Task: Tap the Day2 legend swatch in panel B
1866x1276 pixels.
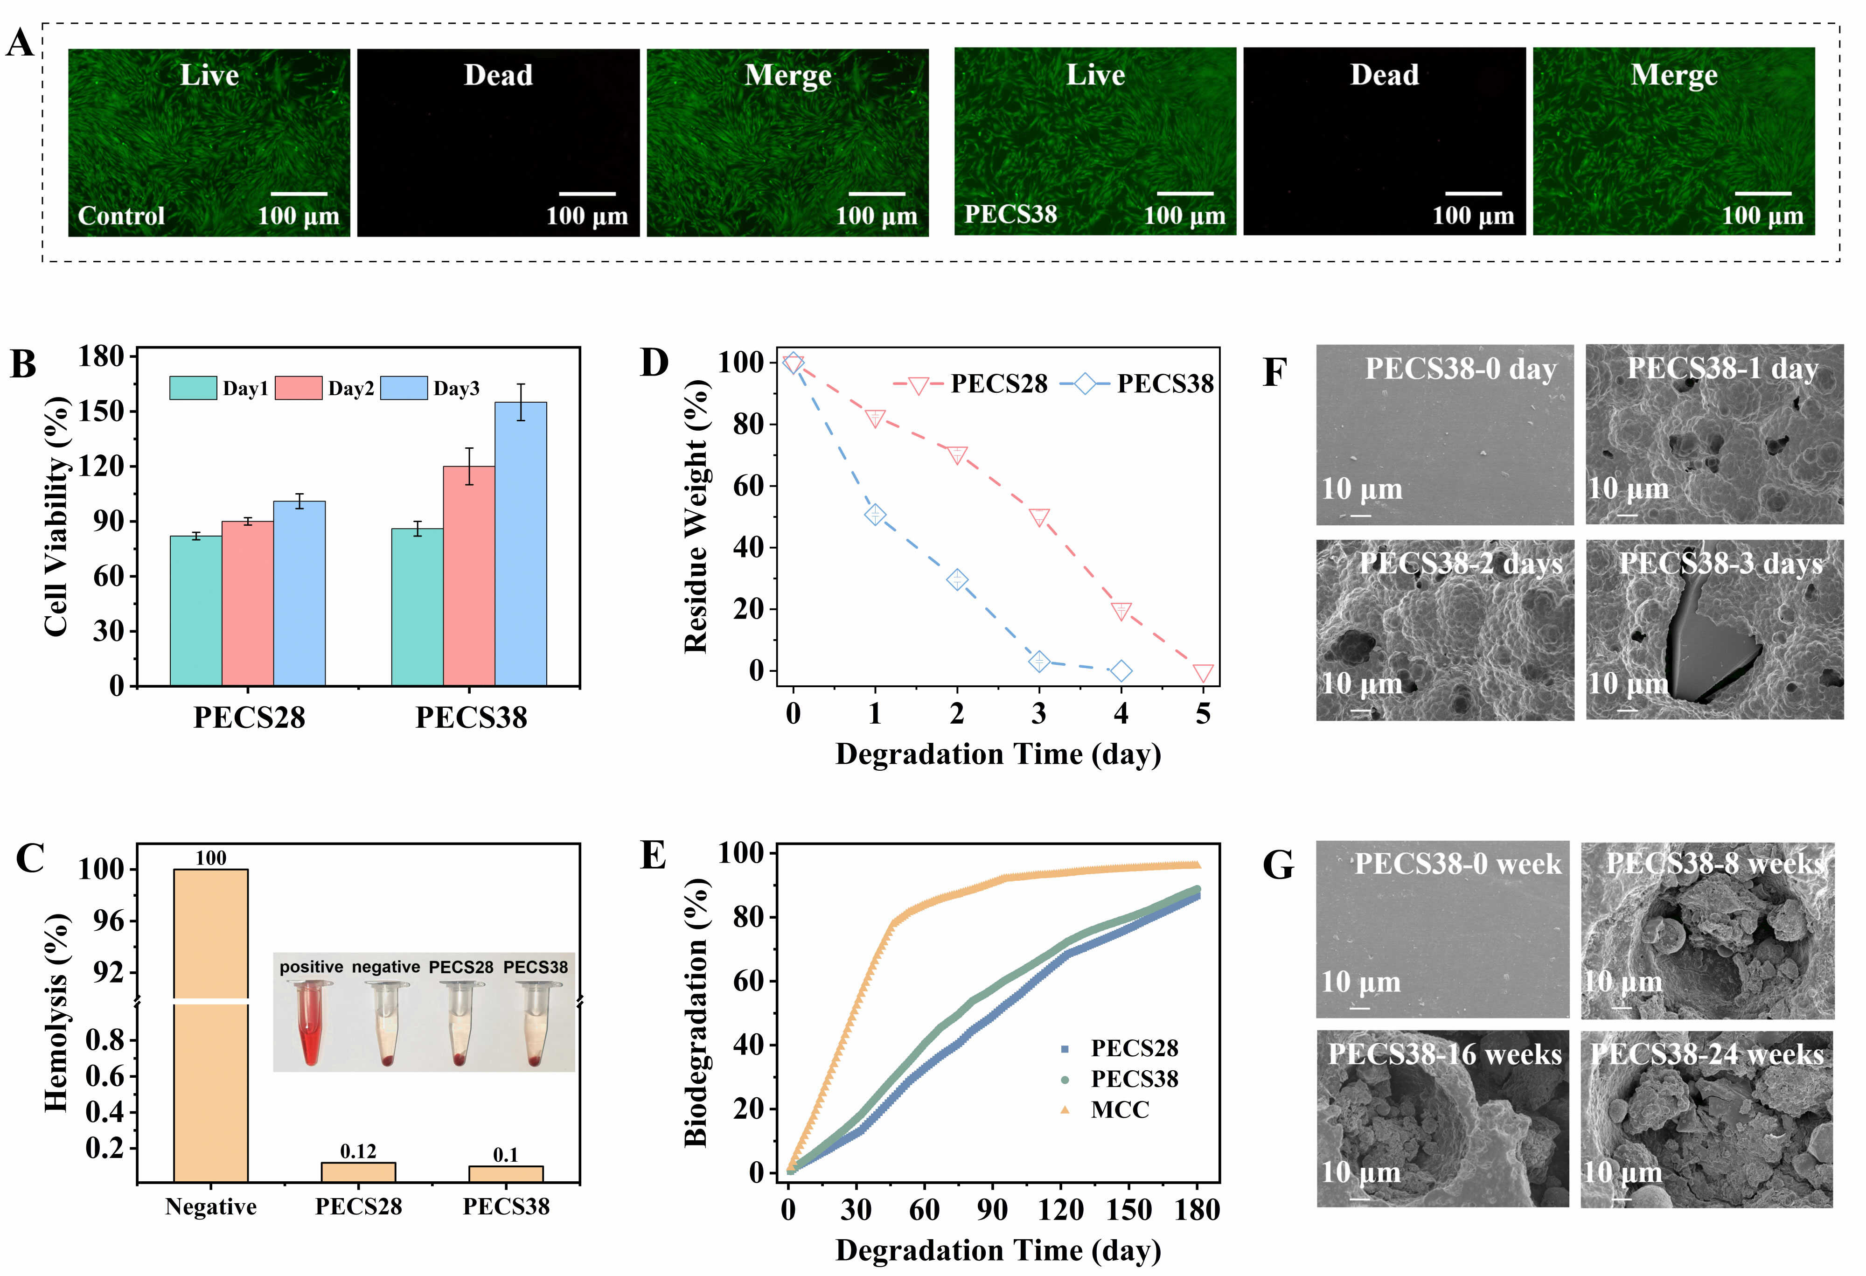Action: [x=298, y=388]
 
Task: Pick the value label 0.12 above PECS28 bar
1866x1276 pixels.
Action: [x=358, y=1151]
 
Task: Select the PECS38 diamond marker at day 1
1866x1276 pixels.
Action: [x=875, y=515]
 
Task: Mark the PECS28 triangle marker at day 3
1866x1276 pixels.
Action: [x=1039, y=517]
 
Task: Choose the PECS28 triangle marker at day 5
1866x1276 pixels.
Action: [x=1203, y=673]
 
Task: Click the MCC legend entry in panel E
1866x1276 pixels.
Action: [x=1119, y=1110]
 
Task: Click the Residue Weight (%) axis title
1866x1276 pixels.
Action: [x=696, y=516]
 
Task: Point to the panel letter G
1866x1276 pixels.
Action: [x=1278, y=865]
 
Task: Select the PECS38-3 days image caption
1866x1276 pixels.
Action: [x=1720, y=564]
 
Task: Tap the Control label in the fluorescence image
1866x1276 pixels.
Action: [x=121, y=216]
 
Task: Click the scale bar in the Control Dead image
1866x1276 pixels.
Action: [x=587, y=194]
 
